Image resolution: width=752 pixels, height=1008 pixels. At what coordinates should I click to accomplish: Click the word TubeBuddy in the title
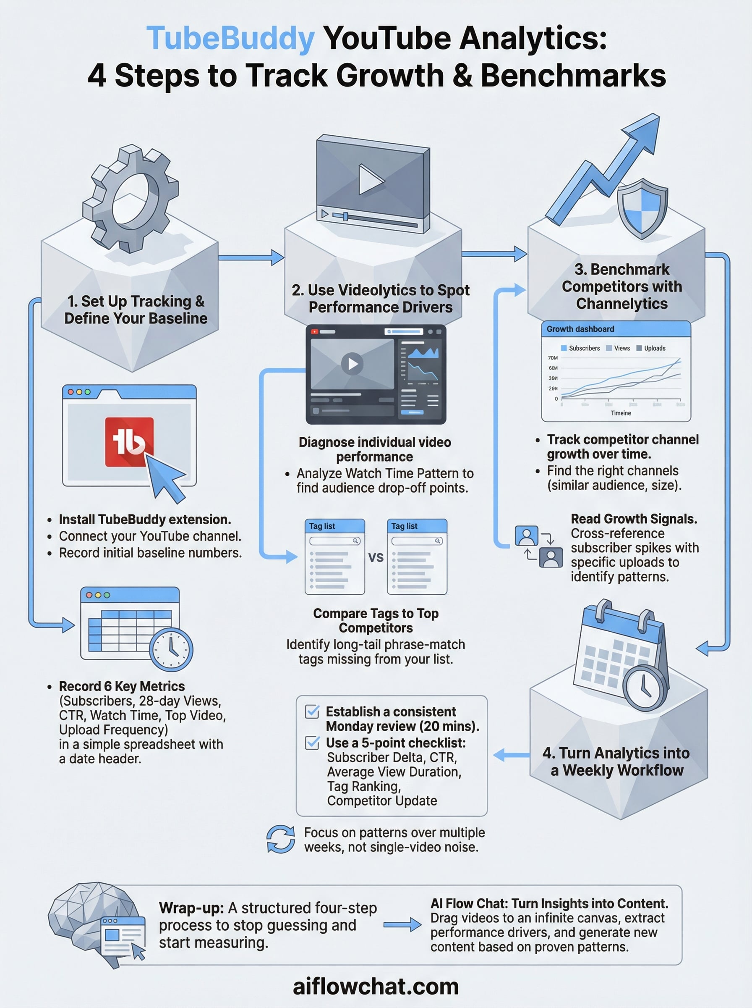coord(230,38)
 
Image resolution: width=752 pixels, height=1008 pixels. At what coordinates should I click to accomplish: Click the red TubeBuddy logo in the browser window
coord(129,442)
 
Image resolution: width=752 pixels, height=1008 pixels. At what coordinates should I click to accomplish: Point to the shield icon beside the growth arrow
coord(642,209)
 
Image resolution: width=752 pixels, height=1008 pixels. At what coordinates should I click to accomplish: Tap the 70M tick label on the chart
coord(553,358)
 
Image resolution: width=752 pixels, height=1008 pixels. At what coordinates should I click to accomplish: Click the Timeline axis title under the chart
coord(621,413)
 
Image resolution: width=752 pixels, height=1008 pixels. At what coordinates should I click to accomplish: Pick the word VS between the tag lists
coord(376,557)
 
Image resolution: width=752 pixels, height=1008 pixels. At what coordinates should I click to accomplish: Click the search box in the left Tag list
coord(335,541)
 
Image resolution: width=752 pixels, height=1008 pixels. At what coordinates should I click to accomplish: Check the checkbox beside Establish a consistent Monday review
coord(312,711)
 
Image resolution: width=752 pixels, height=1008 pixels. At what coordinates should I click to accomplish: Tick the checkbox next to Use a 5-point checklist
coord(312,743)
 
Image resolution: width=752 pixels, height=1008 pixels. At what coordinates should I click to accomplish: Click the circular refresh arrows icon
coord(280,839)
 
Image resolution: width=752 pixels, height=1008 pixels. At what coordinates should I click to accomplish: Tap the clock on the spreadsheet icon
coord(171,649)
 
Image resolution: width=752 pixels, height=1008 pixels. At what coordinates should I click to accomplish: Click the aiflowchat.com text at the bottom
coord(376,987)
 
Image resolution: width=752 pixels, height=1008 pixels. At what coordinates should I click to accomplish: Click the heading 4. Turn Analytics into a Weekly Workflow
coord(616,761)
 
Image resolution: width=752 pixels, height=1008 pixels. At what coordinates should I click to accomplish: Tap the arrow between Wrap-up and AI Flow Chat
coord(402,925)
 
